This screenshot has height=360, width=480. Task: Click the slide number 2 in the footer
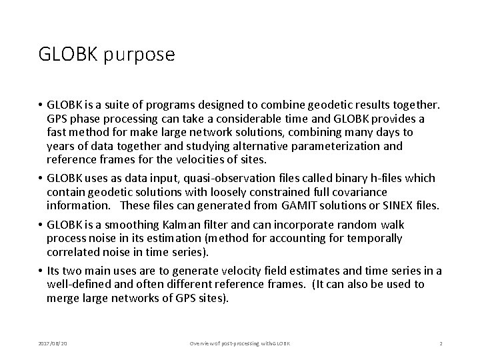(x=441, y=343)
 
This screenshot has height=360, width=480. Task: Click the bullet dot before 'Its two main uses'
(x=41, y=271)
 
